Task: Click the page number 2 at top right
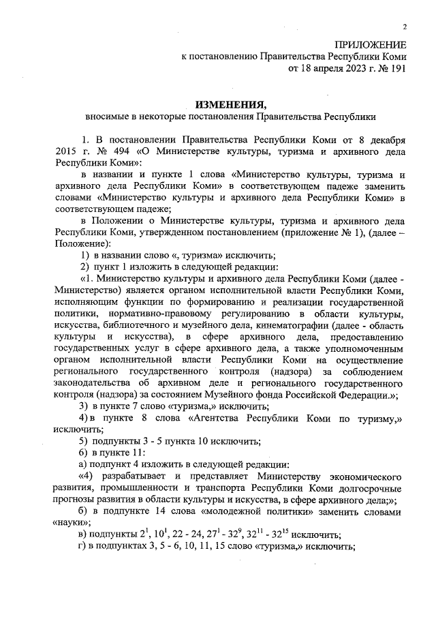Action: coord(404,27)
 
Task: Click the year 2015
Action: coord(64,149)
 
